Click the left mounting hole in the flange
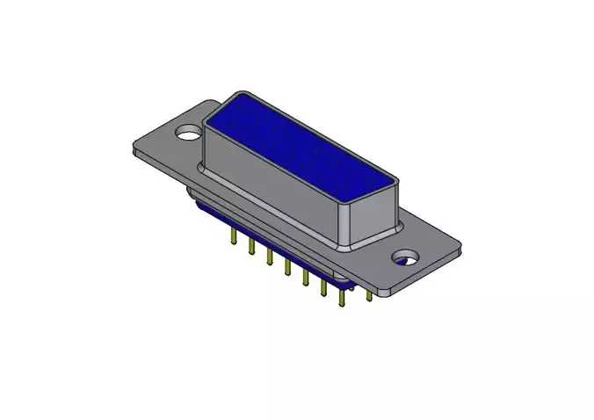pyautogui.click(x=188, y=134)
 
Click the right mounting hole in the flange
pyautogui.click(x=406, y=259)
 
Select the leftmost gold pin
pyautogui.click(x=232, y=236)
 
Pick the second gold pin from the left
pyautogui.click(x=250, y=247)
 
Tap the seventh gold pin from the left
pyautogui.click(x=342, y=298)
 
